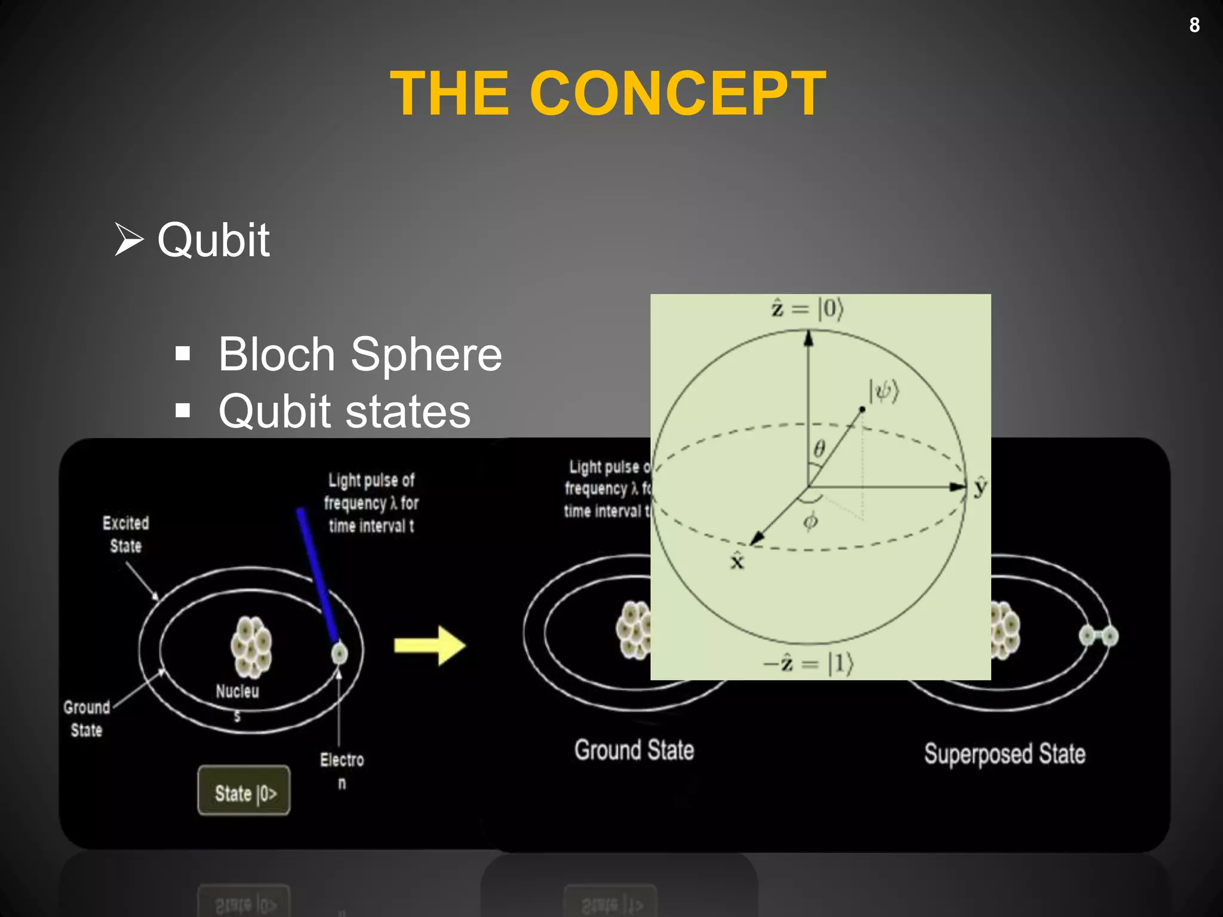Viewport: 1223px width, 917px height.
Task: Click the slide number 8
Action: tap(1194, 25)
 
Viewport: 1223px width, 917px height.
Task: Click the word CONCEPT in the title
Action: tap(678, 94)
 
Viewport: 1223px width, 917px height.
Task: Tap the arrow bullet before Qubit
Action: tap(129, 239)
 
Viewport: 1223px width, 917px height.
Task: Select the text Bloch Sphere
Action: tap(359, 354)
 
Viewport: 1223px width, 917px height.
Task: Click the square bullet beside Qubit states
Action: tap(183, 411)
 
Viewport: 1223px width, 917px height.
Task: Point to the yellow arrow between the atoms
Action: tap(429, 645)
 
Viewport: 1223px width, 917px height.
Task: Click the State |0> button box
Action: tap(244, 791)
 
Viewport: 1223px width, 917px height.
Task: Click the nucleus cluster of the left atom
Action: tap(251, 647)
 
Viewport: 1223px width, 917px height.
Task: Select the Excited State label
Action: tap(125, 534)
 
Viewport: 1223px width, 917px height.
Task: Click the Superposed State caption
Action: tap(1004, 753)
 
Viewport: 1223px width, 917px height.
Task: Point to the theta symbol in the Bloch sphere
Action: tap(820, 448)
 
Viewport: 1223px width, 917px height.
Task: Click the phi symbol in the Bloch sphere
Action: tap(810, 521)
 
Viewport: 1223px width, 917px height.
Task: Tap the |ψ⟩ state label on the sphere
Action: tap(884, 392)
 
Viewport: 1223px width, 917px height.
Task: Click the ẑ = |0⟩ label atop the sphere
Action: tap(807, 309)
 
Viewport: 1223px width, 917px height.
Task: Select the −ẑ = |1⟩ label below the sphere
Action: tap(809, 663)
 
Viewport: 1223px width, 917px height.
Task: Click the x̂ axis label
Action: tap(738, 561)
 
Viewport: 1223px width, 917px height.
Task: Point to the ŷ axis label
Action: tap(980, 487)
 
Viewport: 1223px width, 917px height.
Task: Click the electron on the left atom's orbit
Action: tap(339, 653)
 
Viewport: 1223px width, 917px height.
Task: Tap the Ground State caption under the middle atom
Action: tap(634, 750)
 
